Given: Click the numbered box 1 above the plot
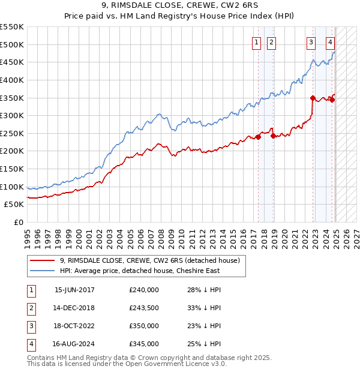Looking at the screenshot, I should tap(256, 42).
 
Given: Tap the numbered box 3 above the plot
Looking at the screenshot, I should tap(311, 42).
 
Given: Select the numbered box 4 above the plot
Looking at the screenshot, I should tap(331, 42).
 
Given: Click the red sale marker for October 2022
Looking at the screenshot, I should tap(313, 98).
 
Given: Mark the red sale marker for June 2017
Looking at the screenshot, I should tap(258, 137).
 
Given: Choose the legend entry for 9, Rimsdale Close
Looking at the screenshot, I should tap(150, 260).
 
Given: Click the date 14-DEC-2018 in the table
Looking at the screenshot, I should tap(74, 308).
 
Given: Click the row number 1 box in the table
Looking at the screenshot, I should tap(31, 290).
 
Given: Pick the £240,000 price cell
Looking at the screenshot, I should tap(144, 290).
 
